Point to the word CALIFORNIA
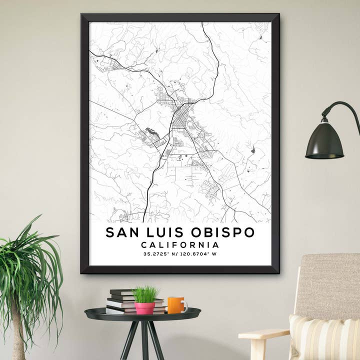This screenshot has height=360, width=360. [180, 245]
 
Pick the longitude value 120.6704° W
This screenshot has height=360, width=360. [198, 254]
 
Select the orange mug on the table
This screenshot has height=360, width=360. [175, 305]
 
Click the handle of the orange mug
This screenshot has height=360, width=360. [184, 305]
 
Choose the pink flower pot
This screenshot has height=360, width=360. [144, 308]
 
